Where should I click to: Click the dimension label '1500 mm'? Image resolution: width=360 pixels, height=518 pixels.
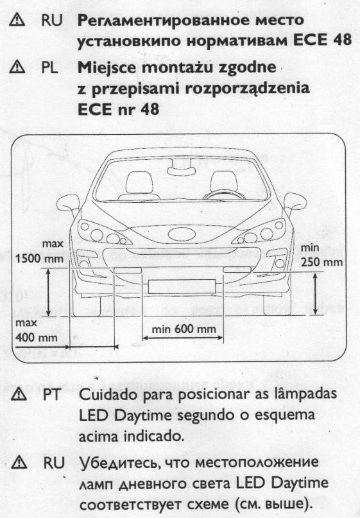coord(39,258)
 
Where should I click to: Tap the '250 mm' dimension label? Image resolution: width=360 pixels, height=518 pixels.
coord(321,263)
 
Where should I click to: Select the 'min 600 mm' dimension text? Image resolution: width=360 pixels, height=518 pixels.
coord(184,329)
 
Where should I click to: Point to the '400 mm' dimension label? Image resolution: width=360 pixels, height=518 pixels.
coord(37,337)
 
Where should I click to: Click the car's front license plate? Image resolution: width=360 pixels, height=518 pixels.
coord(182,287)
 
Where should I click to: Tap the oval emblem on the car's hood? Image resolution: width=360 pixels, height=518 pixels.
coord(182,234)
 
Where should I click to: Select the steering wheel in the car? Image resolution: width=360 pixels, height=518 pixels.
coord(225,194)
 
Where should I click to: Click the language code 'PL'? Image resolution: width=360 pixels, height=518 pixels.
coord(49,68)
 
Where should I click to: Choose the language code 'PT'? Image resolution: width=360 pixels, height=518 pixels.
coord(51,395)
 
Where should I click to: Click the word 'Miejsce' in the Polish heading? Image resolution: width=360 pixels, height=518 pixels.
coord(107,68)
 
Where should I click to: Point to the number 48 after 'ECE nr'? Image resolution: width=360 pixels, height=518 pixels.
coord(150,109)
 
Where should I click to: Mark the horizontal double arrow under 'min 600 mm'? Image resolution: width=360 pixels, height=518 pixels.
coord(183,338)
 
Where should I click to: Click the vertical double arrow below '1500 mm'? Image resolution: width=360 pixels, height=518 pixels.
coord(48,291)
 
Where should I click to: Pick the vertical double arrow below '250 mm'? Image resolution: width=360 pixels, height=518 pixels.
coord(316,293)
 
